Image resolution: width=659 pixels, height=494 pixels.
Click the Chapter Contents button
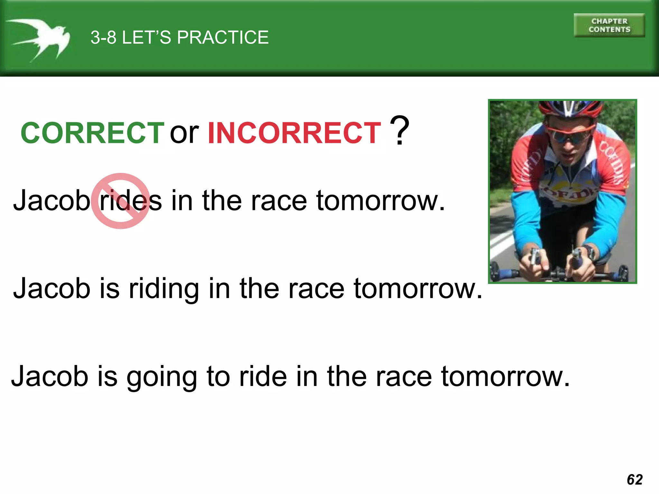click(x=609, y=25)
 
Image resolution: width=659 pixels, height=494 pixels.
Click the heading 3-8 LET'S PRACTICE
click(x=180, y=37)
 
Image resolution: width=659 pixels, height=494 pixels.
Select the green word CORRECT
click(x=93, y=133)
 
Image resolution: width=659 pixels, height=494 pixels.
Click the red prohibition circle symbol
click(x=120, y=201)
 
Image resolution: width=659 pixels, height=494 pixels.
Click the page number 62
click(x=635, y=480)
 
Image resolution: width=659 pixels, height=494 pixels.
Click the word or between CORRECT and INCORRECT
click(x=184, y=133)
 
